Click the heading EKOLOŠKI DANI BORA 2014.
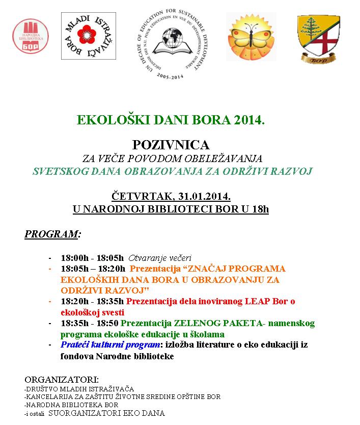(x=171, y=120)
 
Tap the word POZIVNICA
(x=171, y=145)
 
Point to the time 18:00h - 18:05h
(x=92, y=258)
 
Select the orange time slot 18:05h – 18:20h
(x=93, y=269)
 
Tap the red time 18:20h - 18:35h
(x=92, y=301)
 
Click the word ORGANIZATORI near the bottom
(x=61, y=380)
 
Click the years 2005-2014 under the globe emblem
(x=171, y=75)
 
